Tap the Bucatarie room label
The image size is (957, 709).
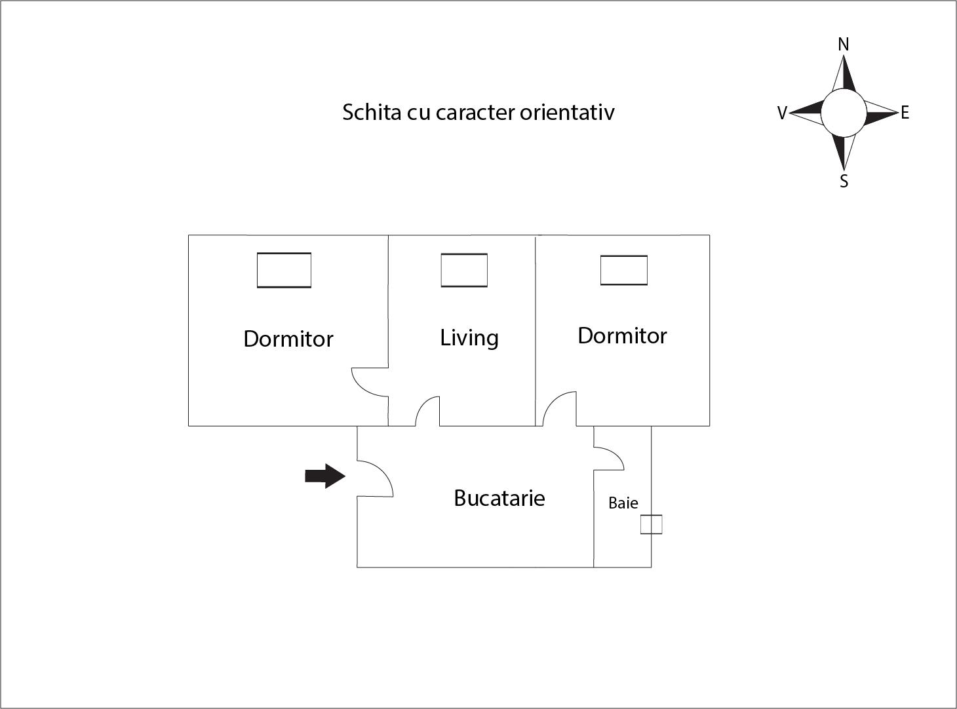click(499, 498)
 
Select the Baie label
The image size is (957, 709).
click(623, 503)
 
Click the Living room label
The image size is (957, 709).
click(469, 337)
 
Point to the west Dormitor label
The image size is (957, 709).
click(288, 339)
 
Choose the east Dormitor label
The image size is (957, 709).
click(622, 335)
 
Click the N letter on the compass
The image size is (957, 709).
click(844, 45)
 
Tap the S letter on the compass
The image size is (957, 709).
click(844, 182)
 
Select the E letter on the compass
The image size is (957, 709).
click(905, 113)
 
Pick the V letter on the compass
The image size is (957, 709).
click(781, 113)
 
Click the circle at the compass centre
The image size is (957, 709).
click(844, 113)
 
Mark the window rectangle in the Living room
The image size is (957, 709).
click(464, 270)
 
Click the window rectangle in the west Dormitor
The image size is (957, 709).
click(284, 270)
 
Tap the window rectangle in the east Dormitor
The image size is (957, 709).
click(624, 270)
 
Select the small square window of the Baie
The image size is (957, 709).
click(651, 524)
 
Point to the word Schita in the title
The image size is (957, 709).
click(371, 112)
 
